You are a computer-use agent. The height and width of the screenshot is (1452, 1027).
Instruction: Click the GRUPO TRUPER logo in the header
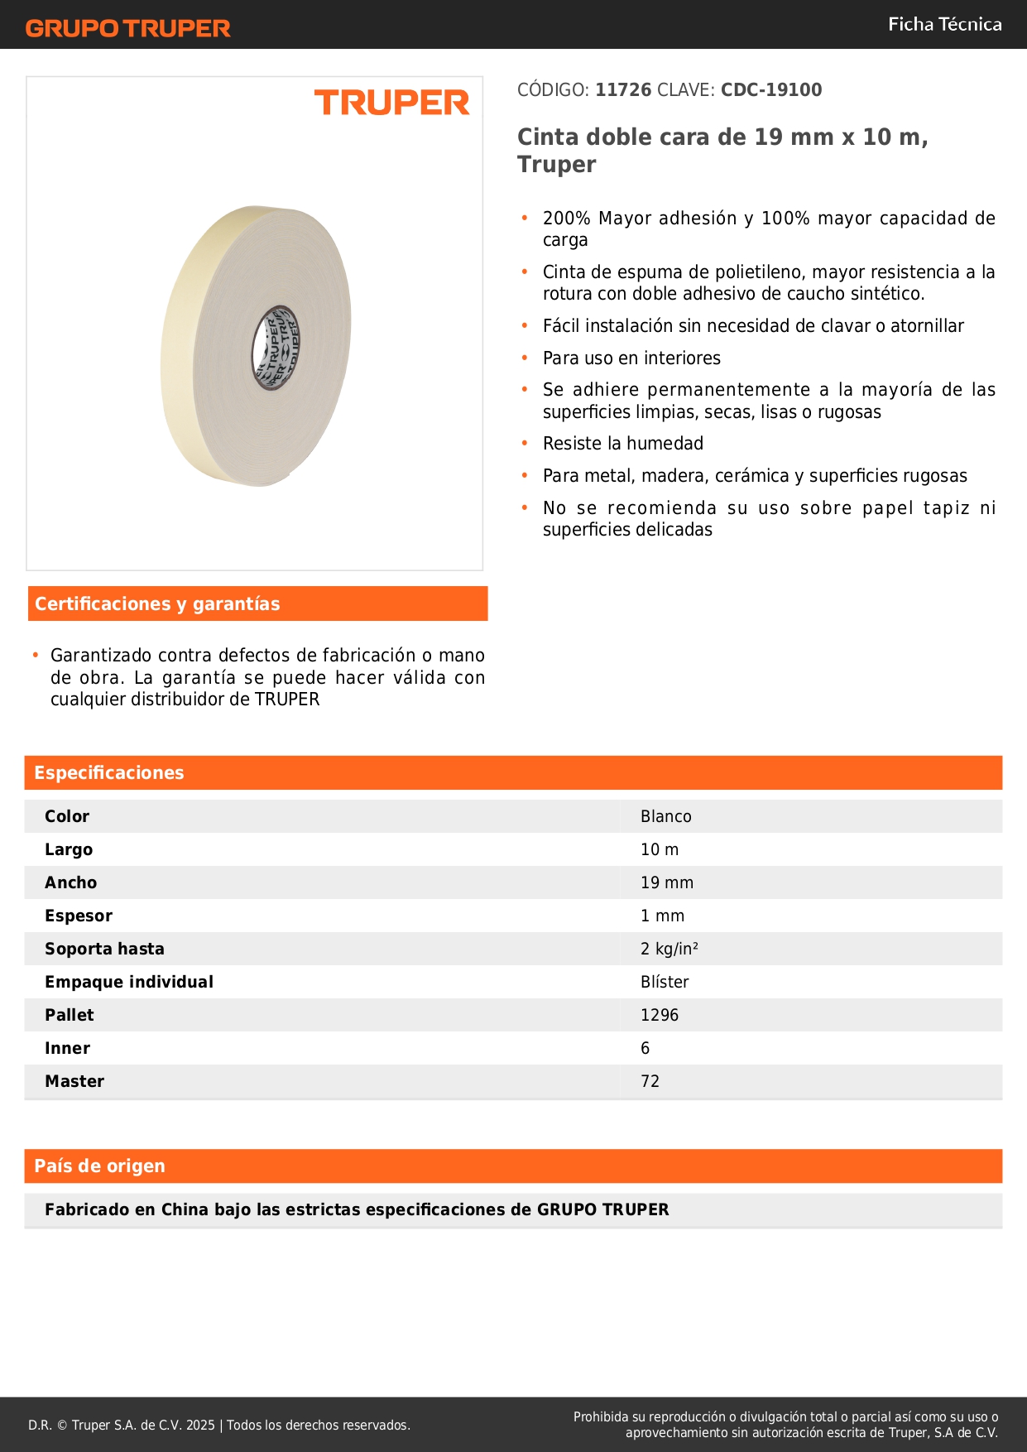(127, 28)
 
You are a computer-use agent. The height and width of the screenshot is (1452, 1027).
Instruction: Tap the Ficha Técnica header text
(944, 24)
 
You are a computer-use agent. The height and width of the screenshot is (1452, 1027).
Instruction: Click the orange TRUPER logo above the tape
(391, 103)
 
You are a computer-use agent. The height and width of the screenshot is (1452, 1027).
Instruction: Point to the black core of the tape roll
(276, 347)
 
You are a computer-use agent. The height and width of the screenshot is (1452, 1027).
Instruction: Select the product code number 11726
(623, 90)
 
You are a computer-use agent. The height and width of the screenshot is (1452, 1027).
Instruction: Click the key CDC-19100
(771, 90)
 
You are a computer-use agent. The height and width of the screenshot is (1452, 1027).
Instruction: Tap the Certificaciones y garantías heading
(157, 604)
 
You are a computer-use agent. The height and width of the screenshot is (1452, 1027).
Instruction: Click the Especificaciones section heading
(109, 773)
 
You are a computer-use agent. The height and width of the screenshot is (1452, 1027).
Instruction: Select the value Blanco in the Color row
(665, 816)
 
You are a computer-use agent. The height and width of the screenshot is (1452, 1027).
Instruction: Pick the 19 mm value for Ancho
(666, 882)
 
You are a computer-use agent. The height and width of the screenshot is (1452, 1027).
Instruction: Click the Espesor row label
(79, 916)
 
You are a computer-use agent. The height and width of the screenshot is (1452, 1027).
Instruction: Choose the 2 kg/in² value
(669, 949)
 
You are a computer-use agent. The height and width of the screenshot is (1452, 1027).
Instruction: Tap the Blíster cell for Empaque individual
(665, 982)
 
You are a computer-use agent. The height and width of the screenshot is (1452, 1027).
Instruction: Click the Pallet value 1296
(659, 1015)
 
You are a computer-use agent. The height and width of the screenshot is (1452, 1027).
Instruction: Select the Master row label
(74, 1081)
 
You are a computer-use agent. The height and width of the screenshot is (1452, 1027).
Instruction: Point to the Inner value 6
(645, 1048)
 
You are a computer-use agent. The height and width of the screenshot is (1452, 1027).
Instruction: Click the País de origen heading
(99, 1166)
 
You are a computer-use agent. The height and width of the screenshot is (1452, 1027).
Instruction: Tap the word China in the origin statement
(185, 1209)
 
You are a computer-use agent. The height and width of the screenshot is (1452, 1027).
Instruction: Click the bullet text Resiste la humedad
(622, 444)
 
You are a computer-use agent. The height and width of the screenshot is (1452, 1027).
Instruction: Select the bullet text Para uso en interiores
(631, 358)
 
